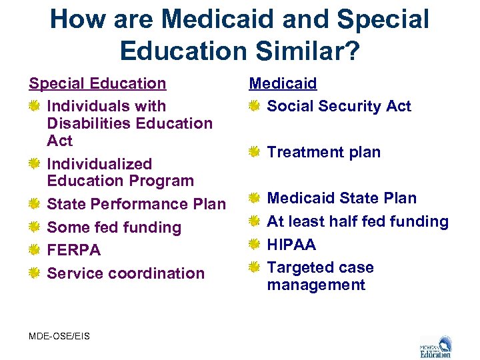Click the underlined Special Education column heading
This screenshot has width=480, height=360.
(x=97, y=83)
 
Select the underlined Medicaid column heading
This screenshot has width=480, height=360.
(x=283, y=83)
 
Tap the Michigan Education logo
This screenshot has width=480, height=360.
(x=435, y=346)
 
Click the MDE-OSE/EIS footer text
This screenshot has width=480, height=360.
(x=59, y=336)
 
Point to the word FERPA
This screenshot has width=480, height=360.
(x=74, y=250)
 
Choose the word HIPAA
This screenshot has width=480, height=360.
(x=291, y=244)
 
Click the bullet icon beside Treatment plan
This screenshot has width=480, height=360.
(x=254, y=152)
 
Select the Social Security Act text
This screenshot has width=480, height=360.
(x=339, y=106)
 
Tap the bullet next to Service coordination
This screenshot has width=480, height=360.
(x=34, y=273)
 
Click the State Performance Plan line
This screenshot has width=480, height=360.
(x=137, y=204)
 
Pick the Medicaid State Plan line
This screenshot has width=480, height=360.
(x=341, y=198)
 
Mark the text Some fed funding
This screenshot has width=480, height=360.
(x=114, y=227)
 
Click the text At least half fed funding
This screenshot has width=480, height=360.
(x=357, y=221)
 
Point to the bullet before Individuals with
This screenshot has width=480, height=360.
(x=34, y=106)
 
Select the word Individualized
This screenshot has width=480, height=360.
(x=99, y=164)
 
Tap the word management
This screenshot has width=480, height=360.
(x=316, y=285)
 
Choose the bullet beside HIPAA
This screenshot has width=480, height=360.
(x=254, y=245)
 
